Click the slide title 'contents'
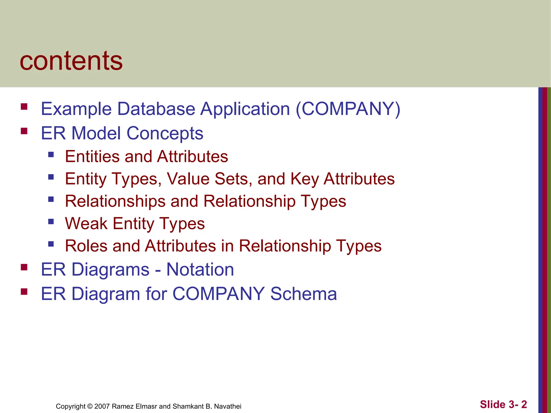point(71,61)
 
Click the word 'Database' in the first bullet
point(156,109)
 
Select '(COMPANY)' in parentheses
point(348,109)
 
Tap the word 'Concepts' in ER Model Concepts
point(165,133)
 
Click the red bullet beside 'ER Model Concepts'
point(24,131)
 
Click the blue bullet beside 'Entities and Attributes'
point(51,155)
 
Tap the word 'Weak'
point(86,223)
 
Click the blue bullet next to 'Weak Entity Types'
point(51,222)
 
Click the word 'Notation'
point(200,269)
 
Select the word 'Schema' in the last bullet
point(303,294)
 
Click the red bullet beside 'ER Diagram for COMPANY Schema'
point(24,292)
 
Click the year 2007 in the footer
point(102,406)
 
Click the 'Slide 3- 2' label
point(503,404)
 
